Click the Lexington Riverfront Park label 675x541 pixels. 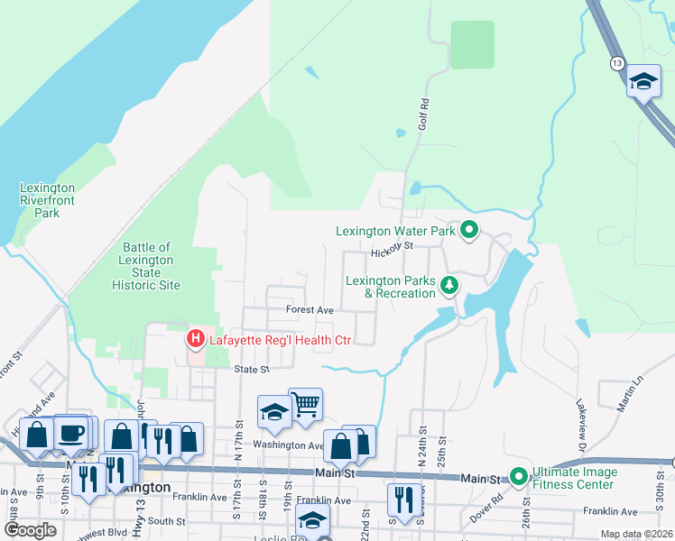(47, 201)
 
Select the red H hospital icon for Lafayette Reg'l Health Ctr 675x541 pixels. (194, 340)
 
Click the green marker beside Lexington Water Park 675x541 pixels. (469, 231)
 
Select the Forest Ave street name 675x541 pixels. (310, 309)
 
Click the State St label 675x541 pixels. (253, 370)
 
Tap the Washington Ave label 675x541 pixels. (288, 445)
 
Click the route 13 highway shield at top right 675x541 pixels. (616, 63)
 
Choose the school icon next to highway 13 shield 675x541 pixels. (643, 81)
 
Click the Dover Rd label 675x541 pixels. (485, 510)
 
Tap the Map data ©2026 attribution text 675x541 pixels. (636, 535)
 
